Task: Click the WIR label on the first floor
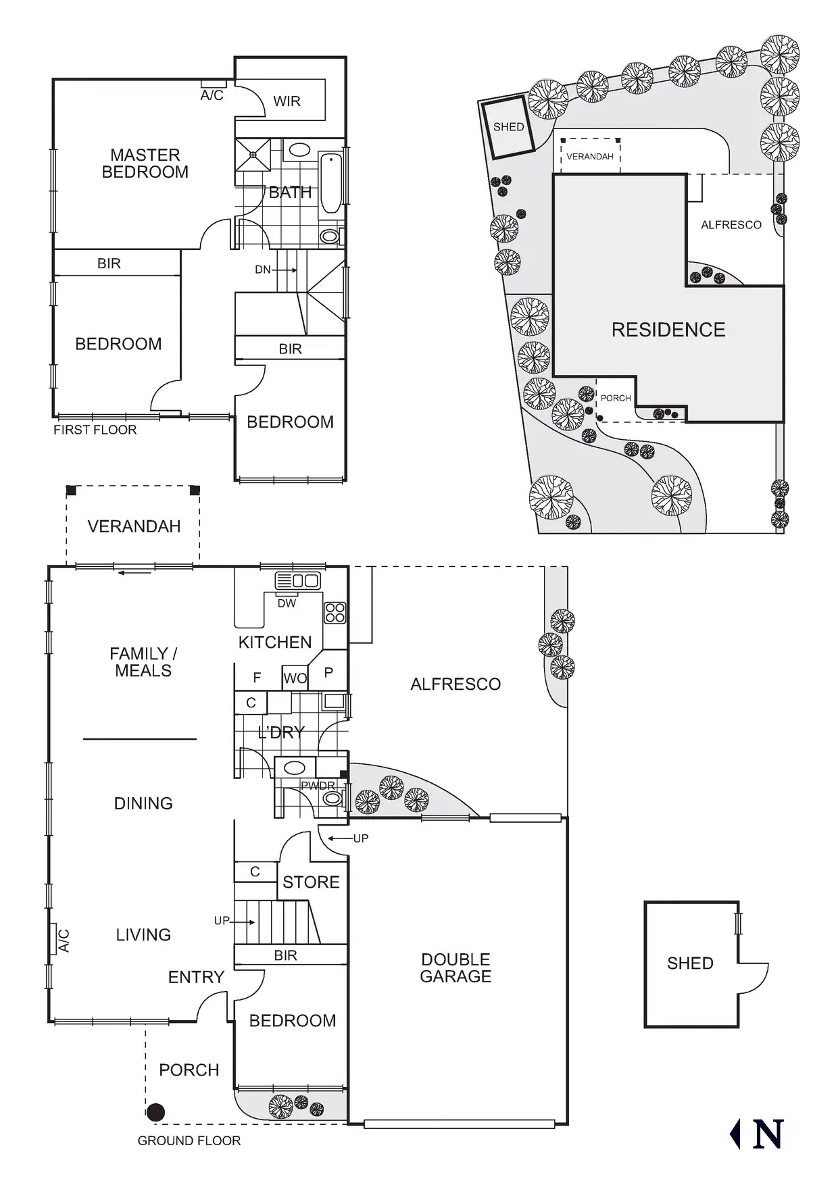287,101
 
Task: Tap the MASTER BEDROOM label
145,163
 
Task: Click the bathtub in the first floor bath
330,183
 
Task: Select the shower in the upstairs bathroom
253,155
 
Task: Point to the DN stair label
263,270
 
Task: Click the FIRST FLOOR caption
95,430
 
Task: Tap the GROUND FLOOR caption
189,1140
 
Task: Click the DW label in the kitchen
287,603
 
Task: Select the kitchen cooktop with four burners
335,612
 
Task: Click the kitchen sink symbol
298,581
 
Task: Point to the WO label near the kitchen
295,678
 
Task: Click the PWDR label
318,786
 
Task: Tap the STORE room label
311,882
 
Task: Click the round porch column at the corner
156,1112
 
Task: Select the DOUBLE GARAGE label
455,967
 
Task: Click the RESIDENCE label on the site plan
668,330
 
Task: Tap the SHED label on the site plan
508,127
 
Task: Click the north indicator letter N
767,1134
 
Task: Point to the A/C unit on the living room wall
56,940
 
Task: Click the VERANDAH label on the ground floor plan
134,526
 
